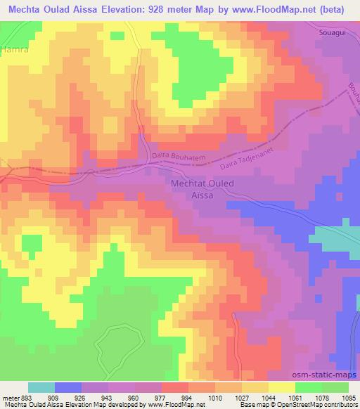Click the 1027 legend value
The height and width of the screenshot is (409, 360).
pyautogui.click(x=242, y=397)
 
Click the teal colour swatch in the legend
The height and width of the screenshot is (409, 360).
pyautogui.click(x=41, y=387)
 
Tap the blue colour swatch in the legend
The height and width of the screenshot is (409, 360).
pyautogui.click(x=67, y=387)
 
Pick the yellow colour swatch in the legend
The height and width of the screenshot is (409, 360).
pyautogui.click(x=281, y=387)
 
